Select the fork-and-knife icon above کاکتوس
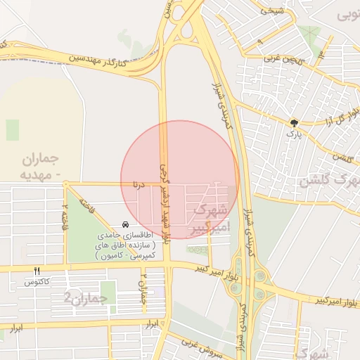pos(37,271)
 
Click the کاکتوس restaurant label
pos(37,281)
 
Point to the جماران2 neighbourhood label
pos(86,297)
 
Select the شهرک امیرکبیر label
pos(210,219)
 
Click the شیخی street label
pos(271,11)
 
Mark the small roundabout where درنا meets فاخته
pos(65,186)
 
